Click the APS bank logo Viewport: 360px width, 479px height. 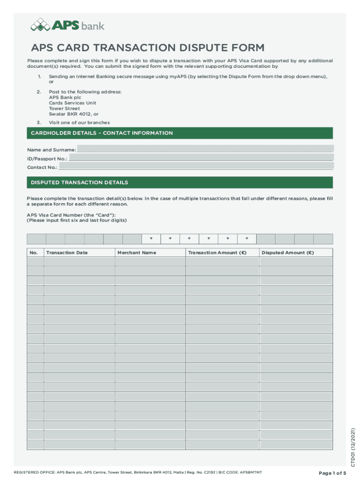pos(67,25)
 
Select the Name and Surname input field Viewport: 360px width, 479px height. pos(205,149)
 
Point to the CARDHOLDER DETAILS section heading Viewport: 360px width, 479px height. pos(102,133)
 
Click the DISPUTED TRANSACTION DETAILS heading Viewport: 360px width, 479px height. pos(79,182)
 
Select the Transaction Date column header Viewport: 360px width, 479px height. pos(67,253)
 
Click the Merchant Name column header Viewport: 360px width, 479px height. pos(137,253)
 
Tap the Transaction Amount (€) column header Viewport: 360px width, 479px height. pos(217,253)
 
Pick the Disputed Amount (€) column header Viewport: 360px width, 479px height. pos(288,253)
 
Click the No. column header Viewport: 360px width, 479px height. pos(34,253)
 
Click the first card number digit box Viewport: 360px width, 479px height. pos(36,239)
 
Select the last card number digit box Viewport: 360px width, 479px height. pos(323,239)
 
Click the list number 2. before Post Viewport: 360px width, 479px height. pos(39,92)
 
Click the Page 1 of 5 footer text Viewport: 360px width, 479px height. pos(332,473)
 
